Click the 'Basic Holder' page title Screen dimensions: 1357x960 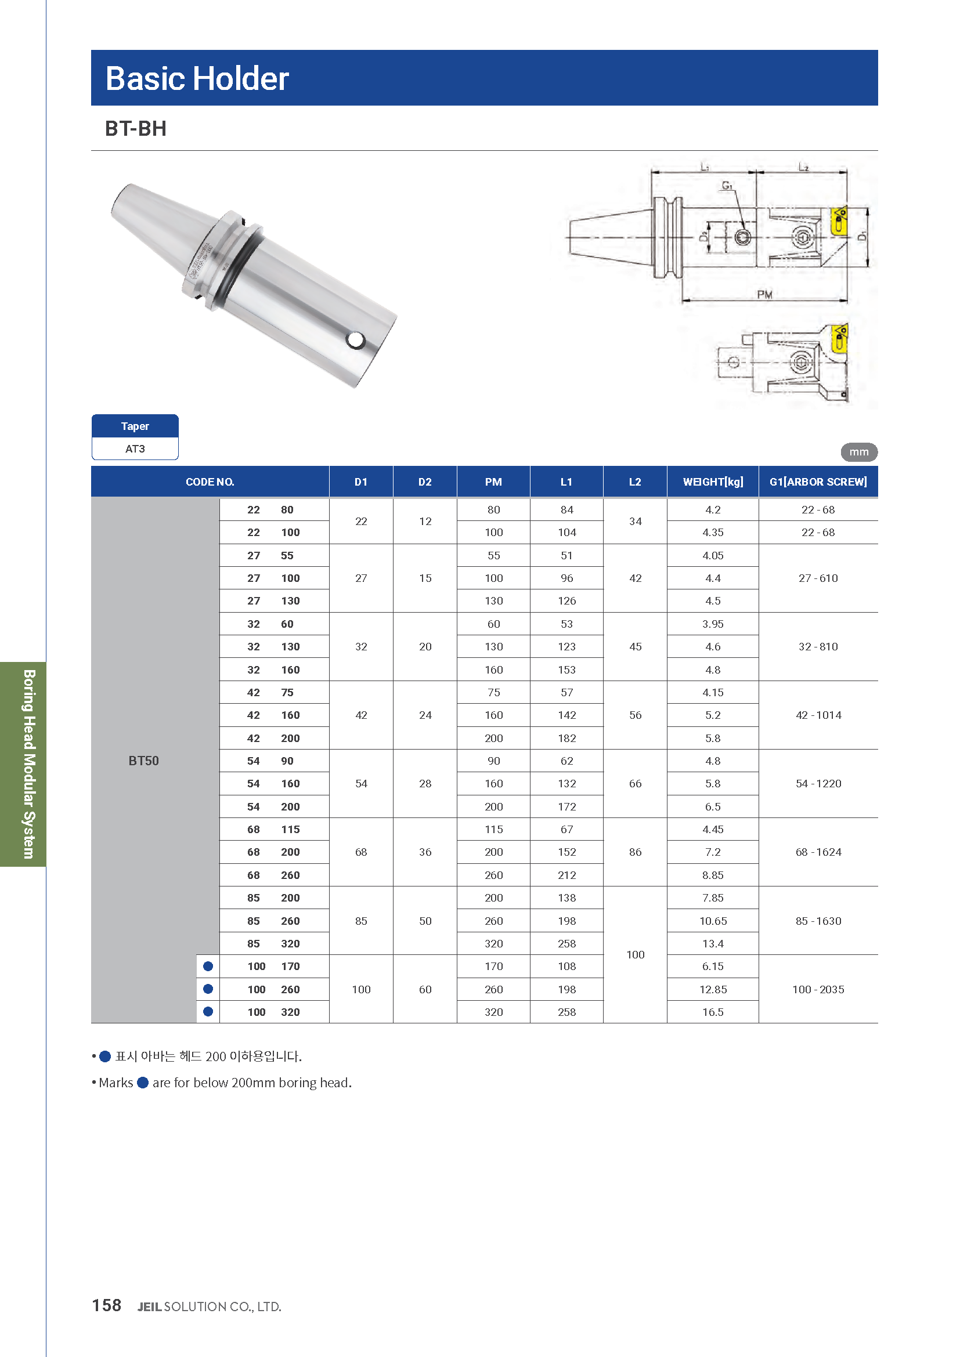coord(197,78)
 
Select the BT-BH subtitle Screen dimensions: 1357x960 coord(135,129)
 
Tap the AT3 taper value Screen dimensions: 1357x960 coord(135,448)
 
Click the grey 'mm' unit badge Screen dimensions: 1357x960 coord(858,452)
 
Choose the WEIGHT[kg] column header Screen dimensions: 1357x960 coord(712,482)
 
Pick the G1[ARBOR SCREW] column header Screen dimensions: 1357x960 coord(818,482)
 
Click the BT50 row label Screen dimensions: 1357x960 coord(143,761)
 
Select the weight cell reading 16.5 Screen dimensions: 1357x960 coord(712,1012)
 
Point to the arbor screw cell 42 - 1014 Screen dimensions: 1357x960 coord(818,715)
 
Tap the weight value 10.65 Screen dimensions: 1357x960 coord(712,921)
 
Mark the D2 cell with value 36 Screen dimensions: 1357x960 coord(425,852)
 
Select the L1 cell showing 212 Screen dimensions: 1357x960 coord(566,875)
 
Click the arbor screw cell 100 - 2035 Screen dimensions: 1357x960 coord(818,989)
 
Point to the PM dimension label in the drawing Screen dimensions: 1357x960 coord(764,294)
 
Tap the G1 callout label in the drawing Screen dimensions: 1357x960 coord(727,186)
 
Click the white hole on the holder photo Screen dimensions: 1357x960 coord(356,340)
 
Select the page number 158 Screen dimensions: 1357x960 coord(106,1305)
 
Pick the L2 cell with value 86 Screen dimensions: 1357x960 coord(635,852)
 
